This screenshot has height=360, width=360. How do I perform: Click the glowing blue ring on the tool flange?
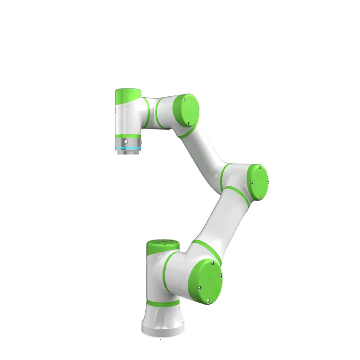tap(128, 148)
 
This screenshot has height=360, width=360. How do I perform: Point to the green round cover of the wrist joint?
tap(186, 109)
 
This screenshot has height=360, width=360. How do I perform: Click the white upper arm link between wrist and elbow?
tap(205, 148)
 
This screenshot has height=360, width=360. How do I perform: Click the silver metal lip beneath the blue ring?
tap(128, 153)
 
